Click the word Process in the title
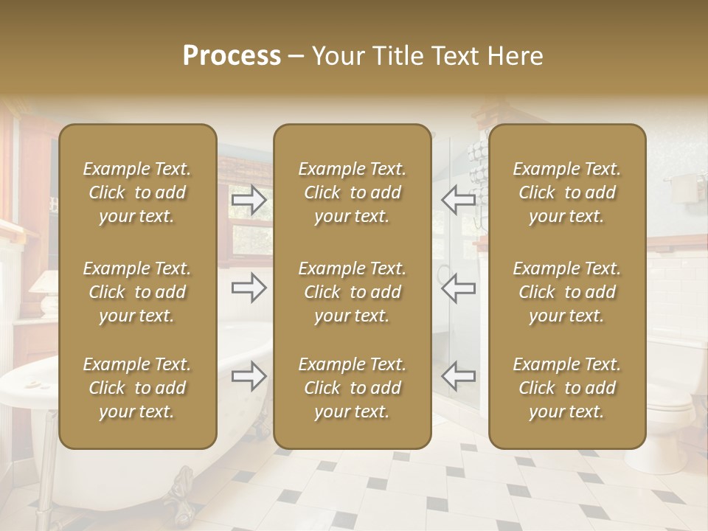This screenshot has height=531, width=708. click(x=232, y=56)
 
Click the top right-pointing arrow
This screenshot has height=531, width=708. click(x=249, y=199)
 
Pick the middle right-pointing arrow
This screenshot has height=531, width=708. click(x=249, y=288)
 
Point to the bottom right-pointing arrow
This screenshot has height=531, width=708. click(x=249, y=376)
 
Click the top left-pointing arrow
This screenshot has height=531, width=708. click(x=459, y=199)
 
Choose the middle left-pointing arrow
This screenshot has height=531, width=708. click(x=459, y=288)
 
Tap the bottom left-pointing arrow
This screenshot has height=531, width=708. click(x=459, y=376)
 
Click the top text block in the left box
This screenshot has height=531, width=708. click(x=137, y=192)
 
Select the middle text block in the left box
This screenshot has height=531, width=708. click(x=137, y=292)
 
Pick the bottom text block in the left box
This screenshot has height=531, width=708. click(x=137, y=388)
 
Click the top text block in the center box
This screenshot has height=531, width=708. click(x=352, y=192)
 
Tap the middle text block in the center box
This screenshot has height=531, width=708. click(x=352, y=292)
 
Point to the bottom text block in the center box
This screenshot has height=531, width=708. click(x=352, y=388)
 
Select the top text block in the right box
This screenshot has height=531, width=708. click(x=566, y=192)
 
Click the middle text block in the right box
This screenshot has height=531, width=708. click(x=566, y=292)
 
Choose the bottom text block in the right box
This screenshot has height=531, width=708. click(x=566, y=388)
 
